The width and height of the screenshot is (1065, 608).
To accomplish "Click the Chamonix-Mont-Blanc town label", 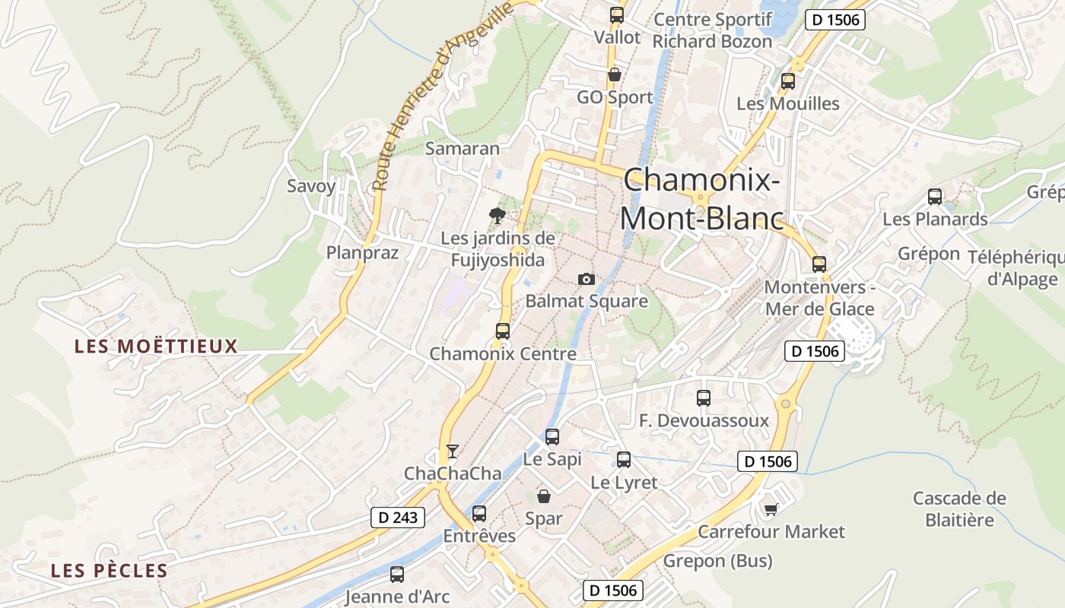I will pyautogui.click(x=701, y=199).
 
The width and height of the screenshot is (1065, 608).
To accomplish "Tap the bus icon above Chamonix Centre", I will pyautogui.click(x=502, y=331).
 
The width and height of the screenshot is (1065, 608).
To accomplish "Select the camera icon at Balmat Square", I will pyautogui.click(x=585, y=279).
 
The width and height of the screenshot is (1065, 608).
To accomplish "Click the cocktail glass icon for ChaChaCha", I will pyautogui.click(x=453, y=451).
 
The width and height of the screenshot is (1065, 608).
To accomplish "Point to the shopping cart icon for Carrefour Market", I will pyautogui.click(x=771, y=509).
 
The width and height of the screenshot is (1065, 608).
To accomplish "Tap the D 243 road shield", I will pyautogui.click(x=398, y=518).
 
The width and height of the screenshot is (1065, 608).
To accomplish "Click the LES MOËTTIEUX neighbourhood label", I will pyautogui.click(x=156, y=347).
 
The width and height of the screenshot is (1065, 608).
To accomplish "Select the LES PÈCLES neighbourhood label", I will pyautogui.click(x=109, y=571).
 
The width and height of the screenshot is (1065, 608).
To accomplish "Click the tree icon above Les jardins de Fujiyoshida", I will pyautogui.click(x=498, y=215).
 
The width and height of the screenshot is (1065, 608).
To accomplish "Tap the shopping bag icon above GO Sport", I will pyautogui.click(x=614, y=74).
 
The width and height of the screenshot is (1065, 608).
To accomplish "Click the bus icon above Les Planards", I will pyautogui.click(x=935, y=197).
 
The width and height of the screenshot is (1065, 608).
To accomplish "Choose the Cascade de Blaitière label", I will pyautogui.click(x=959, y=509).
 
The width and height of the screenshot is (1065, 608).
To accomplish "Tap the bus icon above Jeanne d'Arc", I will pyautogui.click(x=397, y=575).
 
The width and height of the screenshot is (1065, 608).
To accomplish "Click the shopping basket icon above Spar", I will pyautogui.click(x=544, y=496).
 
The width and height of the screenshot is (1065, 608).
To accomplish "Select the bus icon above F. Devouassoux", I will pyautogui.click(x=704, y=397).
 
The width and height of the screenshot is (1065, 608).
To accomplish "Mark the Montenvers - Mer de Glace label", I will pyautogui.click(x=819, y=298).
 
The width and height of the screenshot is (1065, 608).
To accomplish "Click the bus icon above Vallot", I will pyautogui.click(x=617, y=14).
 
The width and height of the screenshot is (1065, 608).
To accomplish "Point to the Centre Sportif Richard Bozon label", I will pyautogui.click(x=712, y=30).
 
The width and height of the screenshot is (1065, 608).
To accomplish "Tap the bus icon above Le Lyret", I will pyautogui.click(x=624, y=459).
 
